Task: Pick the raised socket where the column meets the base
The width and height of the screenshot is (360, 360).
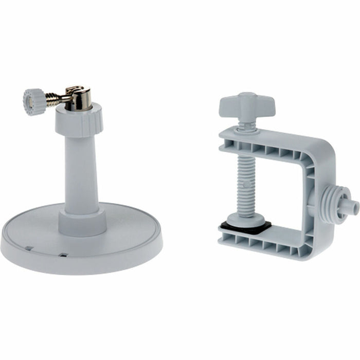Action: (x=82, y=220)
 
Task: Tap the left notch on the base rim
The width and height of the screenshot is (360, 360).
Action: (x=29, y=248)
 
